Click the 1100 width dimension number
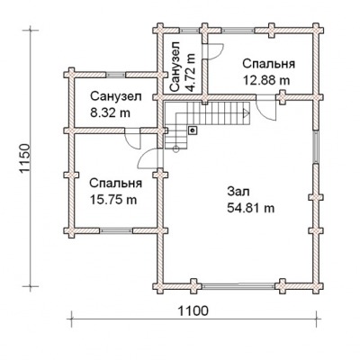click(x=193, y=311)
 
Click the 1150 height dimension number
click(x=25, y=158)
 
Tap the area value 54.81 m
click(x=251, y=208)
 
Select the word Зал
click(x=238, y=192)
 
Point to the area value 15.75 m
click(x=113, y=200)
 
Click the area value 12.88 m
click(x=266, y=80)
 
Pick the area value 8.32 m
click(x=110, y=112)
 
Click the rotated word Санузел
click(x=175, y=67)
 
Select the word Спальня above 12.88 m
click(x=269, y=64)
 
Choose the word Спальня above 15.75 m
click(x=116, y=184)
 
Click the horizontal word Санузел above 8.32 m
click(x=116, y=96)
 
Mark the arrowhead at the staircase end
click(x=246, y=113)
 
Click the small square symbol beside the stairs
click(x=192, y=130)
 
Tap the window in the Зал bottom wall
click(x=238, y=286)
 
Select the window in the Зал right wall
click(x=316, y=147)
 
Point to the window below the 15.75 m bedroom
click(x=116, y=230)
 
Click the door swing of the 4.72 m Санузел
click(x=213, y=51)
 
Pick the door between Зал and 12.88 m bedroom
click(x=266, y=108)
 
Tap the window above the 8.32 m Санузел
click(x=116, y=75)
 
